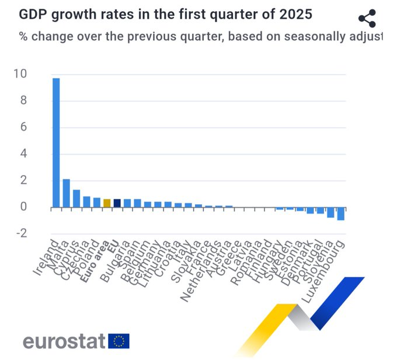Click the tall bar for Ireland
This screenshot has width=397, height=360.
coord(56,142)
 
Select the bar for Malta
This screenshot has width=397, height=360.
coord(66,193)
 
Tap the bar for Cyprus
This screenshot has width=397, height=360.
coord(76,198)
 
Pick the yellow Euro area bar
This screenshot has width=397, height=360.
coord(107,203)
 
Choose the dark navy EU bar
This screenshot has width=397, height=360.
coord(117,203)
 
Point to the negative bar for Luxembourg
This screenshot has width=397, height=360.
coord(340,214)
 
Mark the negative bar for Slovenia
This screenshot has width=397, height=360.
coord(330,212)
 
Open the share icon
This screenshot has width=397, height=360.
coord(367,18)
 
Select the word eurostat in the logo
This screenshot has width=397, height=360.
coord(64,341)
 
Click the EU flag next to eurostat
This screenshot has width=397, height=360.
coord(119,341)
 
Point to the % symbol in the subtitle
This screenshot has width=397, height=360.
coord(24,36)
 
